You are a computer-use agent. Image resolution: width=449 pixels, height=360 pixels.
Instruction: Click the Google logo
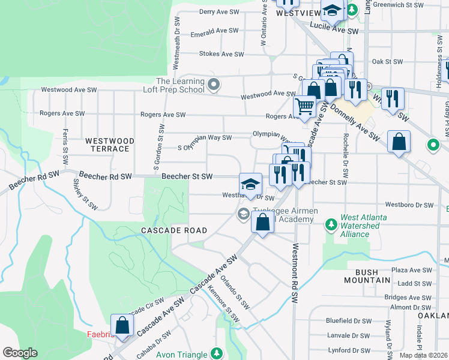click(20, 353)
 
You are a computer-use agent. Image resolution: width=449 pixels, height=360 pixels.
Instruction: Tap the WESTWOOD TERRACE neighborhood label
click(109, 145)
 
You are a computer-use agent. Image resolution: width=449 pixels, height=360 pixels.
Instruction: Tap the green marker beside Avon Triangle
click(216, 355)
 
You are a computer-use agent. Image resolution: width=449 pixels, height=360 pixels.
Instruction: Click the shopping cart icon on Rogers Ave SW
click(305, 106)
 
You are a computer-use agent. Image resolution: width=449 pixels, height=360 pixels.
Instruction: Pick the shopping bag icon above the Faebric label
click(122, 325)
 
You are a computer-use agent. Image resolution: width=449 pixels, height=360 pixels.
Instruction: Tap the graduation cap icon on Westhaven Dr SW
click(250, 184)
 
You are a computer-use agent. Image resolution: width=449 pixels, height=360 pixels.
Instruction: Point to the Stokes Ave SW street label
click(221, 54)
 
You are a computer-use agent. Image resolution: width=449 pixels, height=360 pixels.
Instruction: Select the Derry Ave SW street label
click(220, 11)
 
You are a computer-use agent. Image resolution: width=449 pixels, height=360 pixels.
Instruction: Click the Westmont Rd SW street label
click(295, 273)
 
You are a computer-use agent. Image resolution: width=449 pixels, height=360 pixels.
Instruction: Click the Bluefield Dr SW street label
click(348, 321)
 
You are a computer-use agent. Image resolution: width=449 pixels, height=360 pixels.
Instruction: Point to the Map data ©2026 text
click(423, 355)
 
